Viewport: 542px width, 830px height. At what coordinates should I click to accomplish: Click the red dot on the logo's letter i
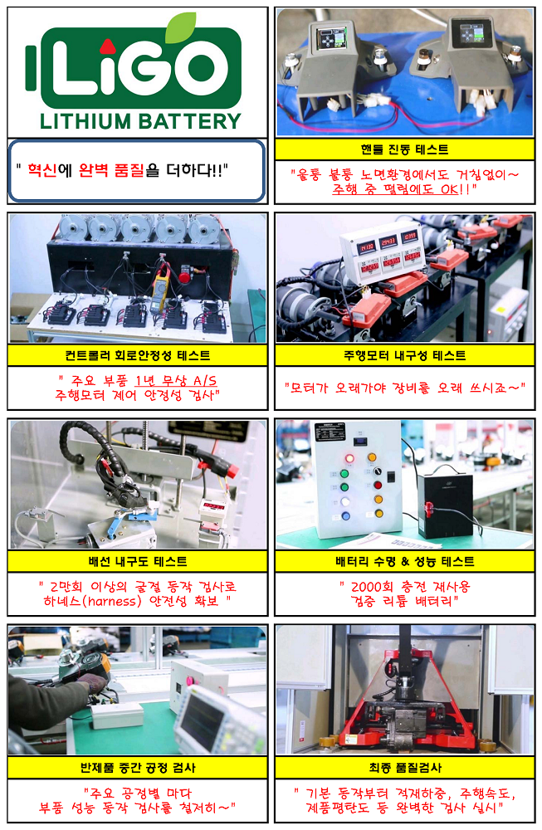point(107,46)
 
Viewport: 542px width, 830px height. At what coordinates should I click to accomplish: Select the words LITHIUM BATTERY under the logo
point(140,122)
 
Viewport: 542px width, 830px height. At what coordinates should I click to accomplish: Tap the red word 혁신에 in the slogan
point(50,170)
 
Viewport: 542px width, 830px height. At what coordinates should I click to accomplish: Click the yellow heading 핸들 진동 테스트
point(405,149)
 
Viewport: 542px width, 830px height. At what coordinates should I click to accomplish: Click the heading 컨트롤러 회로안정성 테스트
point(138,356)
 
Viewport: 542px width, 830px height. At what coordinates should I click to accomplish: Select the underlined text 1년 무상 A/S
point(176,381)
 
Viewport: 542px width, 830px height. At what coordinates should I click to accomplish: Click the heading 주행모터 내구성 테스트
point(405,356)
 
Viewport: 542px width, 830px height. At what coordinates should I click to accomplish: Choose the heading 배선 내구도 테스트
point(138,562)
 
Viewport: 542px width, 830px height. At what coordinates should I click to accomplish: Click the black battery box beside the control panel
point(445,505)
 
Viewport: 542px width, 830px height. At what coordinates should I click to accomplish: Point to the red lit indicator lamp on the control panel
point(349,458)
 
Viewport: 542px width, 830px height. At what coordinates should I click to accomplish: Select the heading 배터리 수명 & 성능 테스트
point(405,562)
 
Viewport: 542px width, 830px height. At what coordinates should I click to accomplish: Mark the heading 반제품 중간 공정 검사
point(138,768)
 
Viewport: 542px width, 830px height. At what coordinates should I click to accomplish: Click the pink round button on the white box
point(188,681)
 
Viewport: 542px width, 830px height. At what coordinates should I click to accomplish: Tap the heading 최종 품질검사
point(405,768)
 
